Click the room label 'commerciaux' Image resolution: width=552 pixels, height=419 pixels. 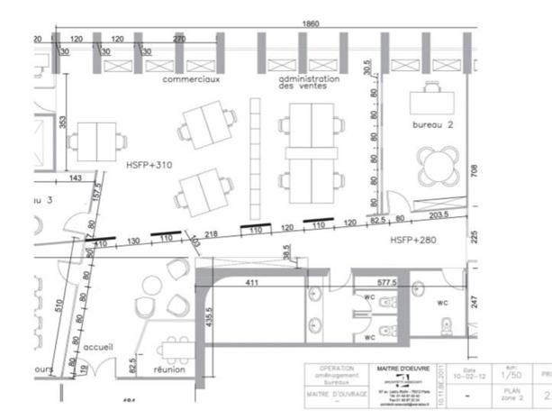tap(192, 80)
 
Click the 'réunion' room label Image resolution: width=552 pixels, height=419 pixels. tap(169, 369)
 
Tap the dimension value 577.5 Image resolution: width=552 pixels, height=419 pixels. tap(387, 281)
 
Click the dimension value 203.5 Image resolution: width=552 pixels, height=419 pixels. tap(439, 216)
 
